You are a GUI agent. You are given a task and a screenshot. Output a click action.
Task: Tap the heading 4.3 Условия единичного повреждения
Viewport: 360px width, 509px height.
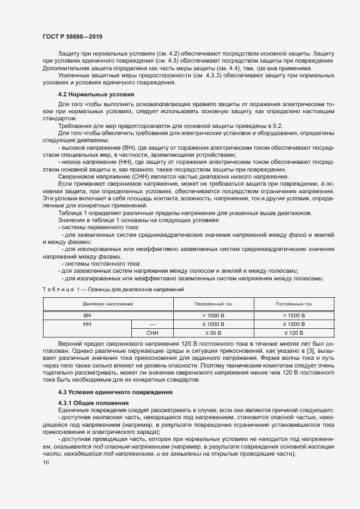coord(115,392)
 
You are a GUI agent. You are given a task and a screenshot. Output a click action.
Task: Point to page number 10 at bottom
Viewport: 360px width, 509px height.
coord(45,462)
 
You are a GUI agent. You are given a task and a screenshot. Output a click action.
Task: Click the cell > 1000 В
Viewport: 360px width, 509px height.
coord(209,315)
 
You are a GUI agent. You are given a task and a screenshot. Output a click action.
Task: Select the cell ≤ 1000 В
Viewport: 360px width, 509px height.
coord(209,324)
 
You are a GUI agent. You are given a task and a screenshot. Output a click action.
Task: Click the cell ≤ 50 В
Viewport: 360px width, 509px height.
coord(209,333)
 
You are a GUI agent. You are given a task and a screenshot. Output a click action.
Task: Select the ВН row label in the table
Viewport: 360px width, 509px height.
coord(87,315)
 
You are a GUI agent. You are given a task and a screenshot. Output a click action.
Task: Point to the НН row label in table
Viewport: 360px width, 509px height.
coord(87,324)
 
